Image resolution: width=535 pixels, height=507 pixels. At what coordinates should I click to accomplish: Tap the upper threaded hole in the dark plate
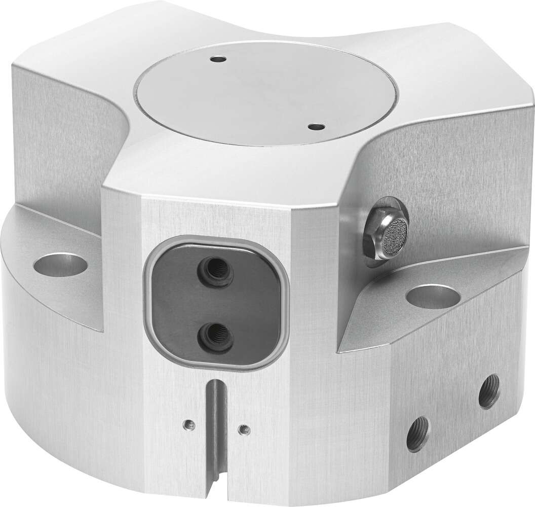[x=216, y=269]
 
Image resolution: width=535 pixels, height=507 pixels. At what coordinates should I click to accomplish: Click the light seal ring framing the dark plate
[x=148, y=304]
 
